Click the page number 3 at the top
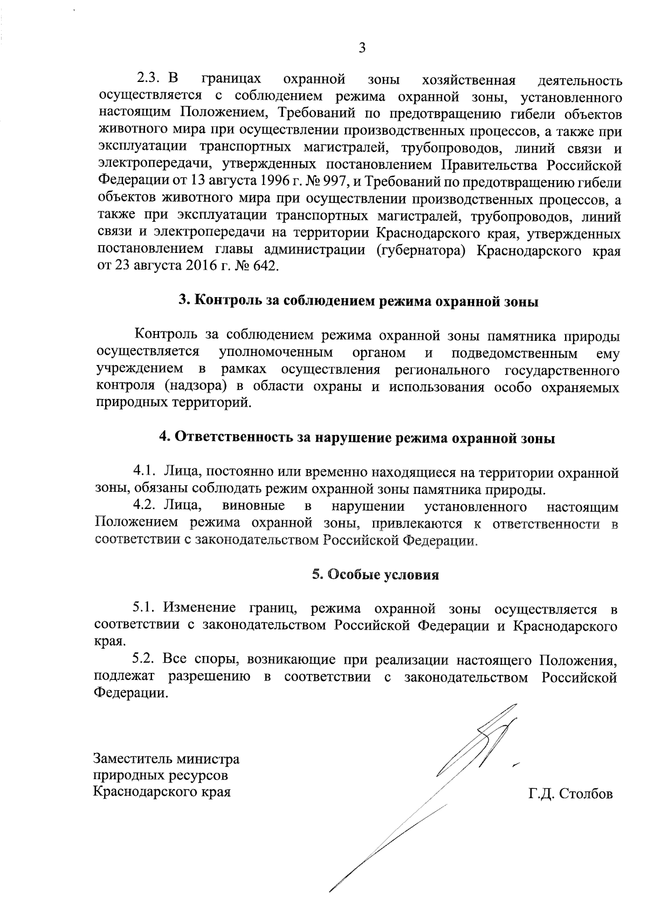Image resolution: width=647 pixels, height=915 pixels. [x=362, y=48]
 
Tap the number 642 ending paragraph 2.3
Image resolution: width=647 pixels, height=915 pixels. [x=264, y=267]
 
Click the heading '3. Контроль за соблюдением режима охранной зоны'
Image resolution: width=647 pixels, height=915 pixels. [x=359, y=301]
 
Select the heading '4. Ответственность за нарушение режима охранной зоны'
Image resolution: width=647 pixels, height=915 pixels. [x=357, y=438]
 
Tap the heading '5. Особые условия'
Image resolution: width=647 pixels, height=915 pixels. [x=375, y=575]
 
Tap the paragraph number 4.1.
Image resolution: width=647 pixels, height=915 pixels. [x=144, y=473]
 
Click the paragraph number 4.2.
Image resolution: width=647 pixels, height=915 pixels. [x=144, y=506]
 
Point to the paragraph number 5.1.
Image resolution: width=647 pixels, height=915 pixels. [x=144, y=608]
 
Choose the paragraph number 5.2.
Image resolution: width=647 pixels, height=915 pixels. [x=144, y=659]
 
